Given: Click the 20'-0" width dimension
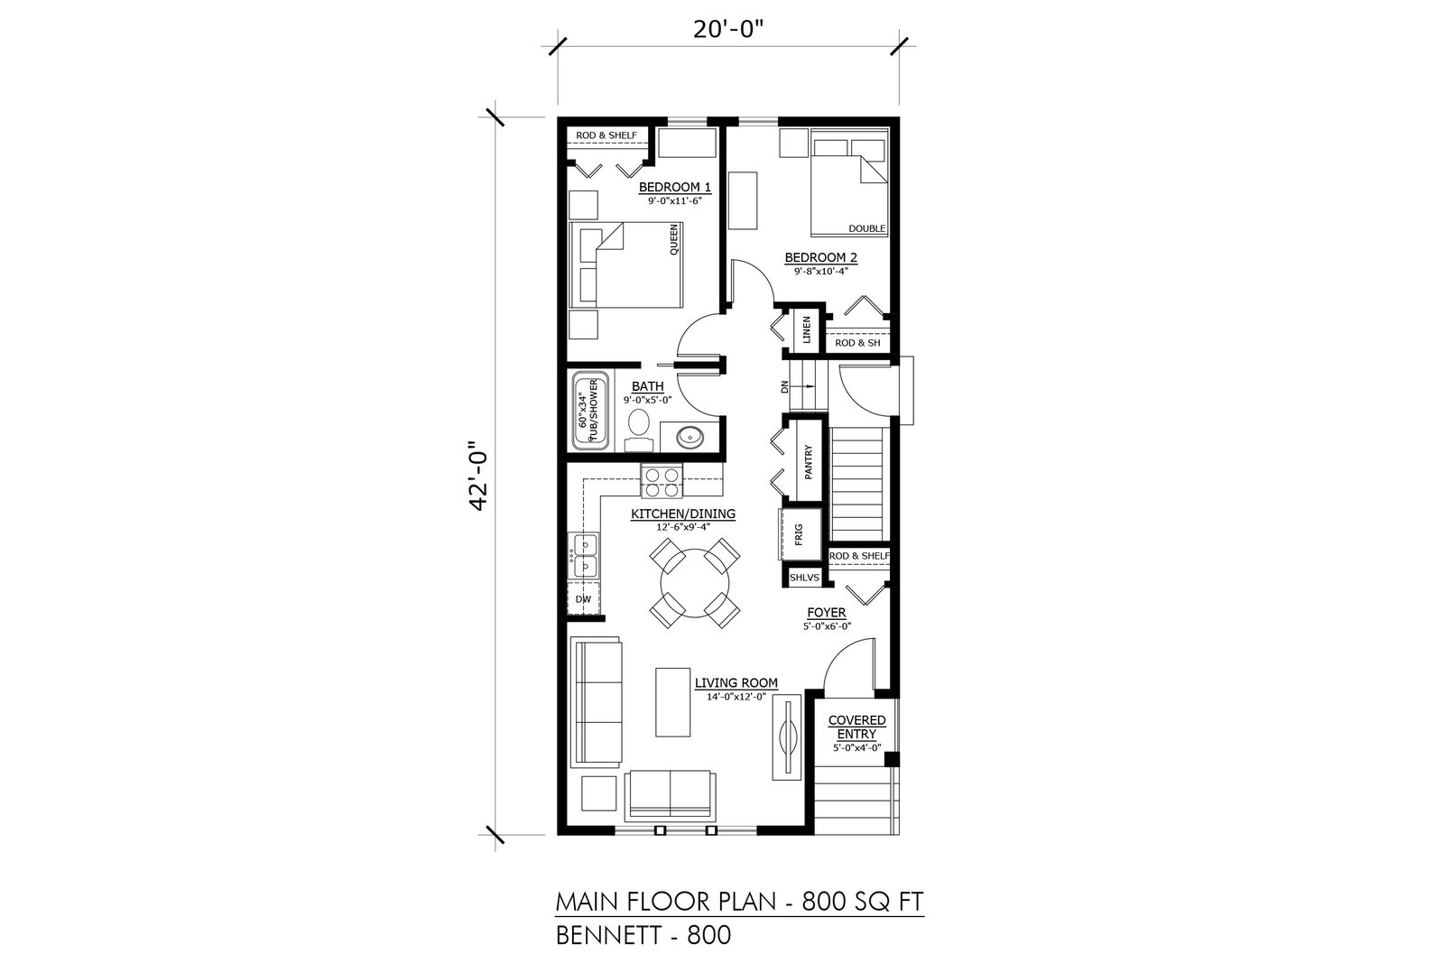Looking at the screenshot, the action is (728, 30).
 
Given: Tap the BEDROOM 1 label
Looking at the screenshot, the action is (674, 188).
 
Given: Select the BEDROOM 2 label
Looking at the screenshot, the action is (820, 258).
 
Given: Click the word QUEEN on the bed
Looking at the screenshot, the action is (673, 239).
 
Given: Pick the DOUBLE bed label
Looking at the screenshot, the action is (866, 229).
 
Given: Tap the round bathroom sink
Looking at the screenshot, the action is (690, 438).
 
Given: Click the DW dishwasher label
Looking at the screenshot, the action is (583, 599).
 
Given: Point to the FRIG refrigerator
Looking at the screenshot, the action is (800, 534).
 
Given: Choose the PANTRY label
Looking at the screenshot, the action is (808, 461).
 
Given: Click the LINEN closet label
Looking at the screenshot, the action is (806, 330).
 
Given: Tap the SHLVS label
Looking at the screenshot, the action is (804, 578).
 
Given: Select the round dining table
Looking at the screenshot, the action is (694, 583).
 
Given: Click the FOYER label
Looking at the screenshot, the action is (827, 613).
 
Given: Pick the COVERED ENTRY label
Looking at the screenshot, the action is (856, 727).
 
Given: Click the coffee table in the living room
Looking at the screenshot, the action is (672, 702).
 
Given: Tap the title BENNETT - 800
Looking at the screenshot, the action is (643, 935).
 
